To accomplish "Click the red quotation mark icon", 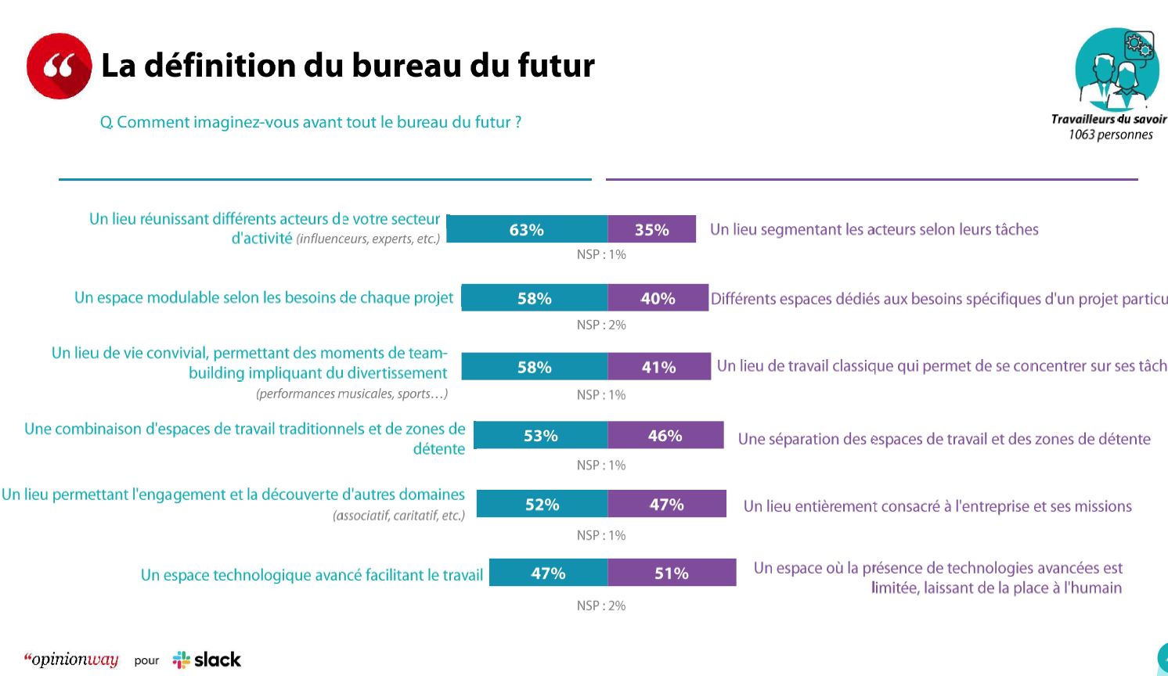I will (59, 66).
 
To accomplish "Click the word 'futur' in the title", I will (556, 66).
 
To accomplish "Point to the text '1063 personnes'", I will (1110, 135).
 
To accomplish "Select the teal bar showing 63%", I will (527, 229).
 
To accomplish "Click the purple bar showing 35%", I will (651, 229).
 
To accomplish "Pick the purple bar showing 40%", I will (658, 298).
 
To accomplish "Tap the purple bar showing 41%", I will (658, 367).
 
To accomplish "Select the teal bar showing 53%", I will (541, 435).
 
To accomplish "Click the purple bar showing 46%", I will (665, 435).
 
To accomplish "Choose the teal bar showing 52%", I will (542, 504).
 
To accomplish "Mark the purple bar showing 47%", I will (666, 504).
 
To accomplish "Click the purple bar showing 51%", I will (672, 573).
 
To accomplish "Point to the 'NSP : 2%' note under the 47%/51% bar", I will (601, 606).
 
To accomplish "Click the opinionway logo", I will (71, 660).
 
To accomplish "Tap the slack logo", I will (207, 660).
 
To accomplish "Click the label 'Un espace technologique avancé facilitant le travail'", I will (312, 575).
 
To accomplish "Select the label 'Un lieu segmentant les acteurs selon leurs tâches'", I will (874, 229).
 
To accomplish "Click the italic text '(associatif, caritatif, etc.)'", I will (398, 516).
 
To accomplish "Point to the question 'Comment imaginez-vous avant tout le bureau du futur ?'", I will (311, 122).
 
